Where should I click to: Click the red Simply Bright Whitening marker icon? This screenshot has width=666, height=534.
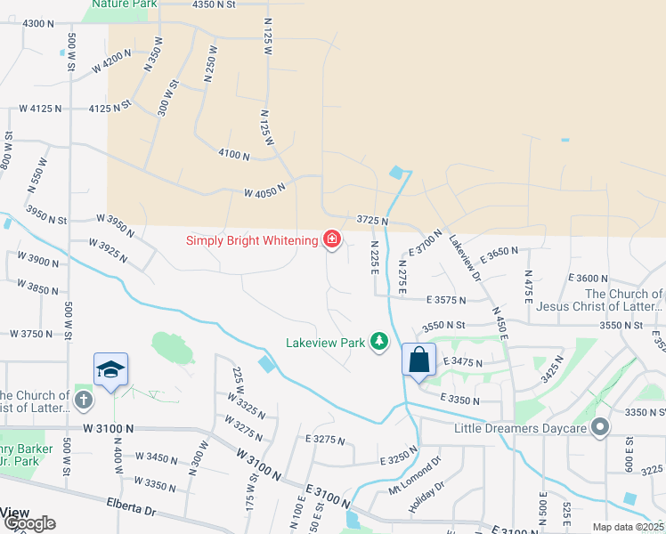tap(332, 239)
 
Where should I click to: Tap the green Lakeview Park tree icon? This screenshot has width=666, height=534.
tap(380, 341)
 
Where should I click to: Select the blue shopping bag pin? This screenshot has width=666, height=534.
tap(419, 360)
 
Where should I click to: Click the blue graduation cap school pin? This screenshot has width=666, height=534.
tap(111, 369)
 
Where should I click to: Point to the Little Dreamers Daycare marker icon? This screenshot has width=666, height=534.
tap(600, 428)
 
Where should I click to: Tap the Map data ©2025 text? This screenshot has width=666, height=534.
tap(628, 527)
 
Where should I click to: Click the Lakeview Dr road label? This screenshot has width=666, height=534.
tap(465, 258)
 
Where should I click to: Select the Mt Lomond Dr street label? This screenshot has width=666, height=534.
tap(415, 477)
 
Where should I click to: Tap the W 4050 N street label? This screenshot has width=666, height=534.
tap(264, 190)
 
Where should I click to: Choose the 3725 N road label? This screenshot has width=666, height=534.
tap(373, 219)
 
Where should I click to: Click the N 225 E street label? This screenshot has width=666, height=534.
tap(375, 258)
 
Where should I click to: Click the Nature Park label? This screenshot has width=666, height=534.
tap(125, 4)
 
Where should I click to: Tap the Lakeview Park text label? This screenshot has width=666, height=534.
tap(326, 341)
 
